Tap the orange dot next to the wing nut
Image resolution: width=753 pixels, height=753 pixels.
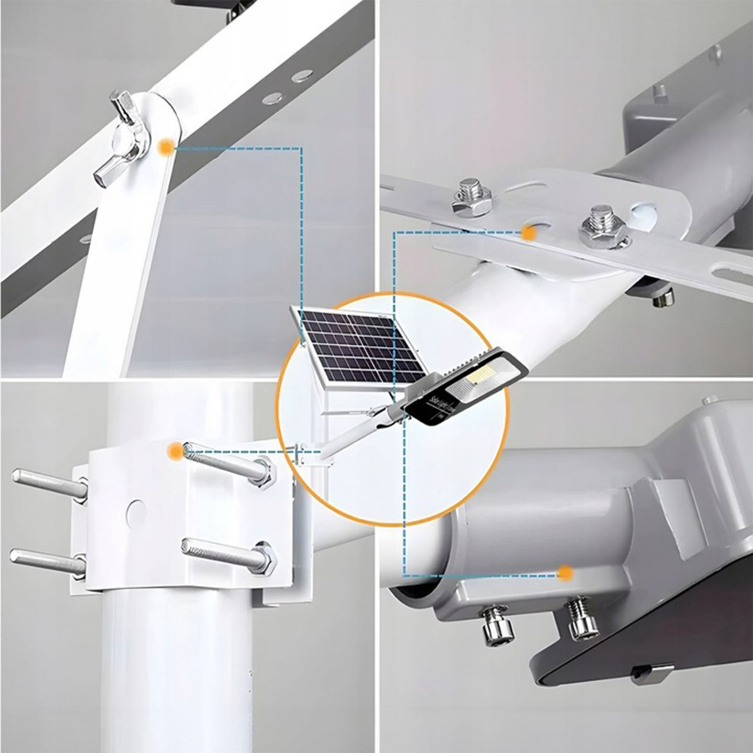pyautogui.click(x=166, y=147)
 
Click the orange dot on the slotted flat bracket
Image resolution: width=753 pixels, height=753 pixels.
pyautogui.click(x=528, y=233)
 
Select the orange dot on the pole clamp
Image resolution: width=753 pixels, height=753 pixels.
pyautogui.click(x=175, y=450)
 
